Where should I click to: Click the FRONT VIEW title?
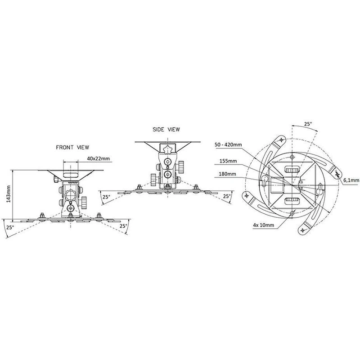(x=72, y=147)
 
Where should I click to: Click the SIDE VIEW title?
(x=166, y=130)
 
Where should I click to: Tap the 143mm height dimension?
(x=9, y=194)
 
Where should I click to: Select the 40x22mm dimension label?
(x=98, y=158)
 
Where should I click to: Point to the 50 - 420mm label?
(x=228, y=144)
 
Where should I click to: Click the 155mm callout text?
(x=228, y=161)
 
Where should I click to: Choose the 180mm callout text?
(x=227, y=174)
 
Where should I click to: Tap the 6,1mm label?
(x=351, y=180)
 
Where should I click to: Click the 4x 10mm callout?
(x=263, y=225)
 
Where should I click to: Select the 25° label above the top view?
(x=308, y=124)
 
